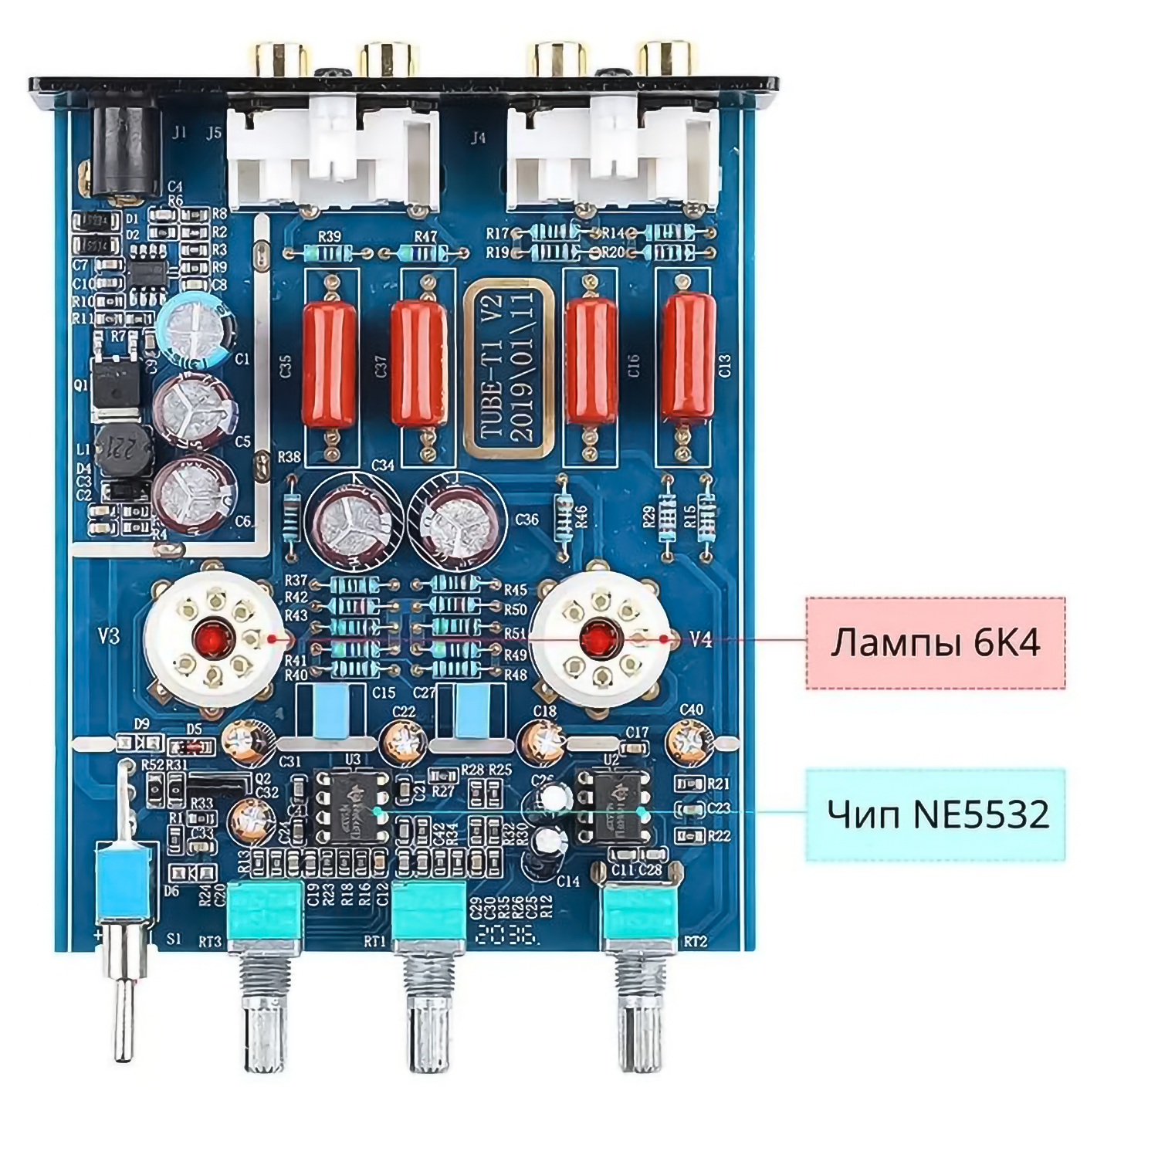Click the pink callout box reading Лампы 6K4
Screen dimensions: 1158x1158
936,642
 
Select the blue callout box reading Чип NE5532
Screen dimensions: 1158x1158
936,814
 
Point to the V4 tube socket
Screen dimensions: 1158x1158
595,638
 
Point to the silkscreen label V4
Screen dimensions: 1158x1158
700,639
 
